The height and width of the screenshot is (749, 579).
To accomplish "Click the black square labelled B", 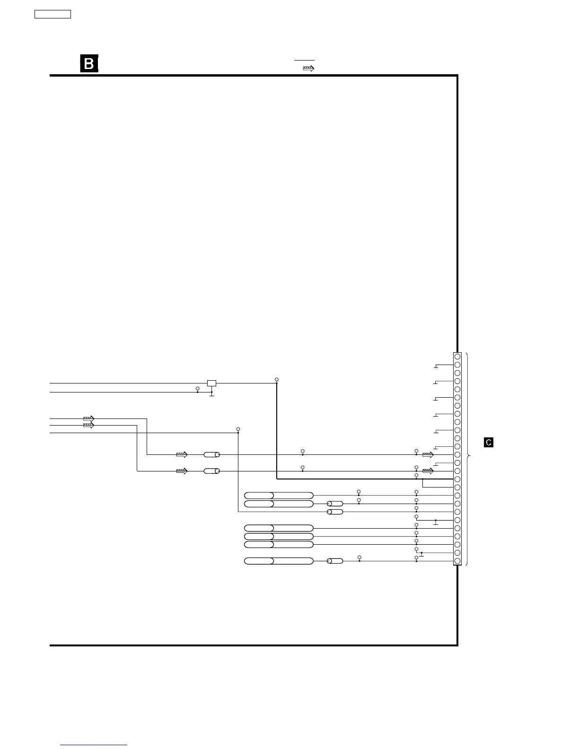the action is click(x=89, y=64).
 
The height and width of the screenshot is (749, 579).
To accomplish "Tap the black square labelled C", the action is click(x=489, y=443).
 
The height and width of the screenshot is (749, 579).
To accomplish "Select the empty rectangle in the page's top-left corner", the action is click(x=53, y=14).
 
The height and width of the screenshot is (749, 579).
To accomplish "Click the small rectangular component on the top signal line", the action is click(x=212, y=383).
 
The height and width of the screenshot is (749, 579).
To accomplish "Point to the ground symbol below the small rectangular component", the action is click(x=212, y=395).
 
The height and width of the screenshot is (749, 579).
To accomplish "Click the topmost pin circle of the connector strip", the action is click(x=457, y=357).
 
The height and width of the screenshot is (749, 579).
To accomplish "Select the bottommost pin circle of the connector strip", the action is click(x=457, y=561).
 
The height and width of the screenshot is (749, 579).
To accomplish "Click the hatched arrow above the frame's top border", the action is click(x=308, y=69).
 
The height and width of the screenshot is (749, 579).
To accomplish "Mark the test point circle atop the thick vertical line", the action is click(x=277, y=380).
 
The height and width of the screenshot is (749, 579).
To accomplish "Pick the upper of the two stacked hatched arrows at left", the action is click(x=88, y=418).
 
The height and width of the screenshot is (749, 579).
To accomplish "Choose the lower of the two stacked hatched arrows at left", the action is click(x=88, y=426).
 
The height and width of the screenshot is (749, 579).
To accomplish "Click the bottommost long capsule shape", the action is click(x=279, y=561).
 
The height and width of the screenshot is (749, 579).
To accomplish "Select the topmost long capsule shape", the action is click(x=279, y=495).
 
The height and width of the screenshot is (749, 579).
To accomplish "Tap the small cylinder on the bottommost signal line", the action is click(x=335, y=561).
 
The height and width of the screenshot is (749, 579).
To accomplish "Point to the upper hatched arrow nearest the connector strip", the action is click(x=428, y=455).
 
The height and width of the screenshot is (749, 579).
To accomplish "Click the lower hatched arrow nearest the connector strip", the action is click(x=428, y=471).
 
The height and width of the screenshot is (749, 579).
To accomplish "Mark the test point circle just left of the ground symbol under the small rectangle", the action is click(x=197, y=389).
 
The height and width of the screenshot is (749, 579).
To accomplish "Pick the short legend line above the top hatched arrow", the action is click(x=305, y=61).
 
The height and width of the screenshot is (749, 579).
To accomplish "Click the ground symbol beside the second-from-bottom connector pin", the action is click(x=421, y=555).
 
